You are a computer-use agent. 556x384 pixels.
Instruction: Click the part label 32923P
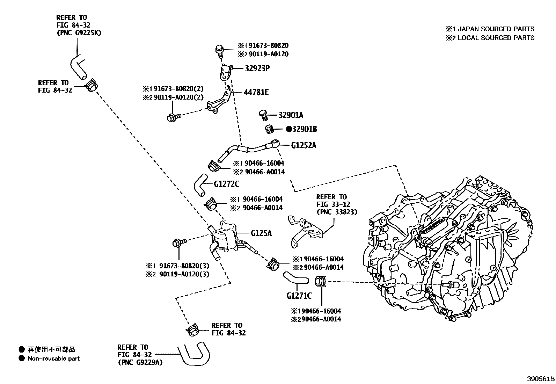point(257,68)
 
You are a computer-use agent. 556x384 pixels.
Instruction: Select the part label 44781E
point(256,92)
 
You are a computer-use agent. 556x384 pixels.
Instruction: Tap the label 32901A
point(291,115)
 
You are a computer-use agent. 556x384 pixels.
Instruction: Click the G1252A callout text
point(303,145)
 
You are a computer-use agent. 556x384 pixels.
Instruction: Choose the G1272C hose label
point(227,184)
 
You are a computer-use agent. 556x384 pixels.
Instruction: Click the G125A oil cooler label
point(261,233)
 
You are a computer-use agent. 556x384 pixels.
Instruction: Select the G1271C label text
point(299,296)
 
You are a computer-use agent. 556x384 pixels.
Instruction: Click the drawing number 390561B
point(541,379)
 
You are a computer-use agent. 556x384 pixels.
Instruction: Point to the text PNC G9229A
point(140,362)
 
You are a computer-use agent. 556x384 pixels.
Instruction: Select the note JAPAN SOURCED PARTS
point(496,29)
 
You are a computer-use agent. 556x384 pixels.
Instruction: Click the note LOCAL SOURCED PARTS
point(496,38)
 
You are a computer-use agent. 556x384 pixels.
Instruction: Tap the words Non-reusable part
point(54,358)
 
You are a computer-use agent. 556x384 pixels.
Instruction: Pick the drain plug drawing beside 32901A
point(263,114)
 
